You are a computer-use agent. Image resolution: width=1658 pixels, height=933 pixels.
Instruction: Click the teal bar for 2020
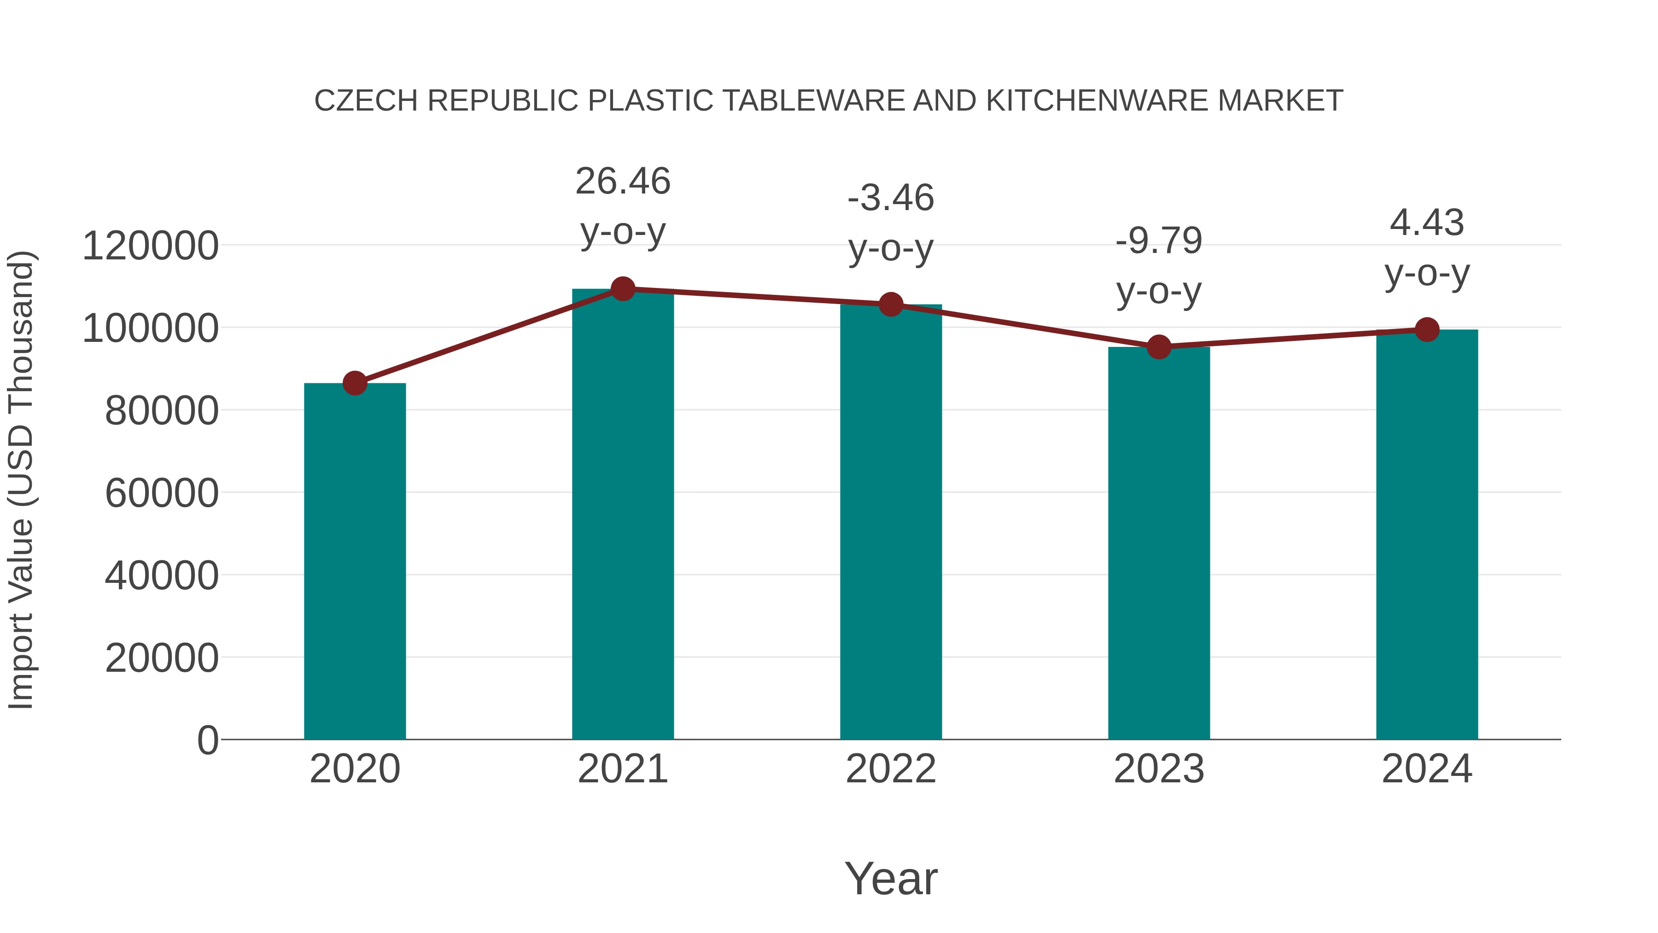click(x=355, y=560)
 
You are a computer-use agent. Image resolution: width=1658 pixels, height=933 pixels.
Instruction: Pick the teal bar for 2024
click(x=1427, y=534)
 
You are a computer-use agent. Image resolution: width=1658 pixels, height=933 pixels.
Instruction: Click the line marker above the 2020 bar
click(x=355, y=383)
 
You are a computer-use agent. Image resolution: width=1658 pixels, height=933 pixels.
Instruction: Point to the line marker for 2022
click(x=891, y=305)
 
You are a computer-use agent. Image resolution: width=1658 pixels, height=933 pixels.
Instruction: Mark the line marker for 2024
click(x=1427, y=330)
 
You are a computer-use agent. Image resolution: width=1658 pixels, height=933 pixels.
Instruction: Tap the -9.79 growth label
click(x=1159, y=265)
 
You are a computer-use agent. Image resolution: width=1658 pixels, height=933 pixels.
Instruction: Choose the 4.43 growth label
click(x=1427, y=247)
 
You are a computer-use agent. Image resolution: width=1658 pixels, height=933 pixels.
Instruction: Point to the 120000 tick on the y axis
click(x=150, y=246)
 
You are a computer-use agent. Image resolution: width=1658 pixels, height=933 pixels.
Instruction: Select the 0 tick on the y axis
click(x=207, y=740)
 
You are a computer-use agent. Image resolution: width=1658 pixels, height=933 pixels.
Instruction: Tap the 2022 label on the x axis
click(x=891, y=769)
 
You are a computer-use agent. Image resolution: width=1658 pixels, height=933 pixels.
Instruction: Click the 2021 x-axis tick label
click(x=622, y=769)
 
